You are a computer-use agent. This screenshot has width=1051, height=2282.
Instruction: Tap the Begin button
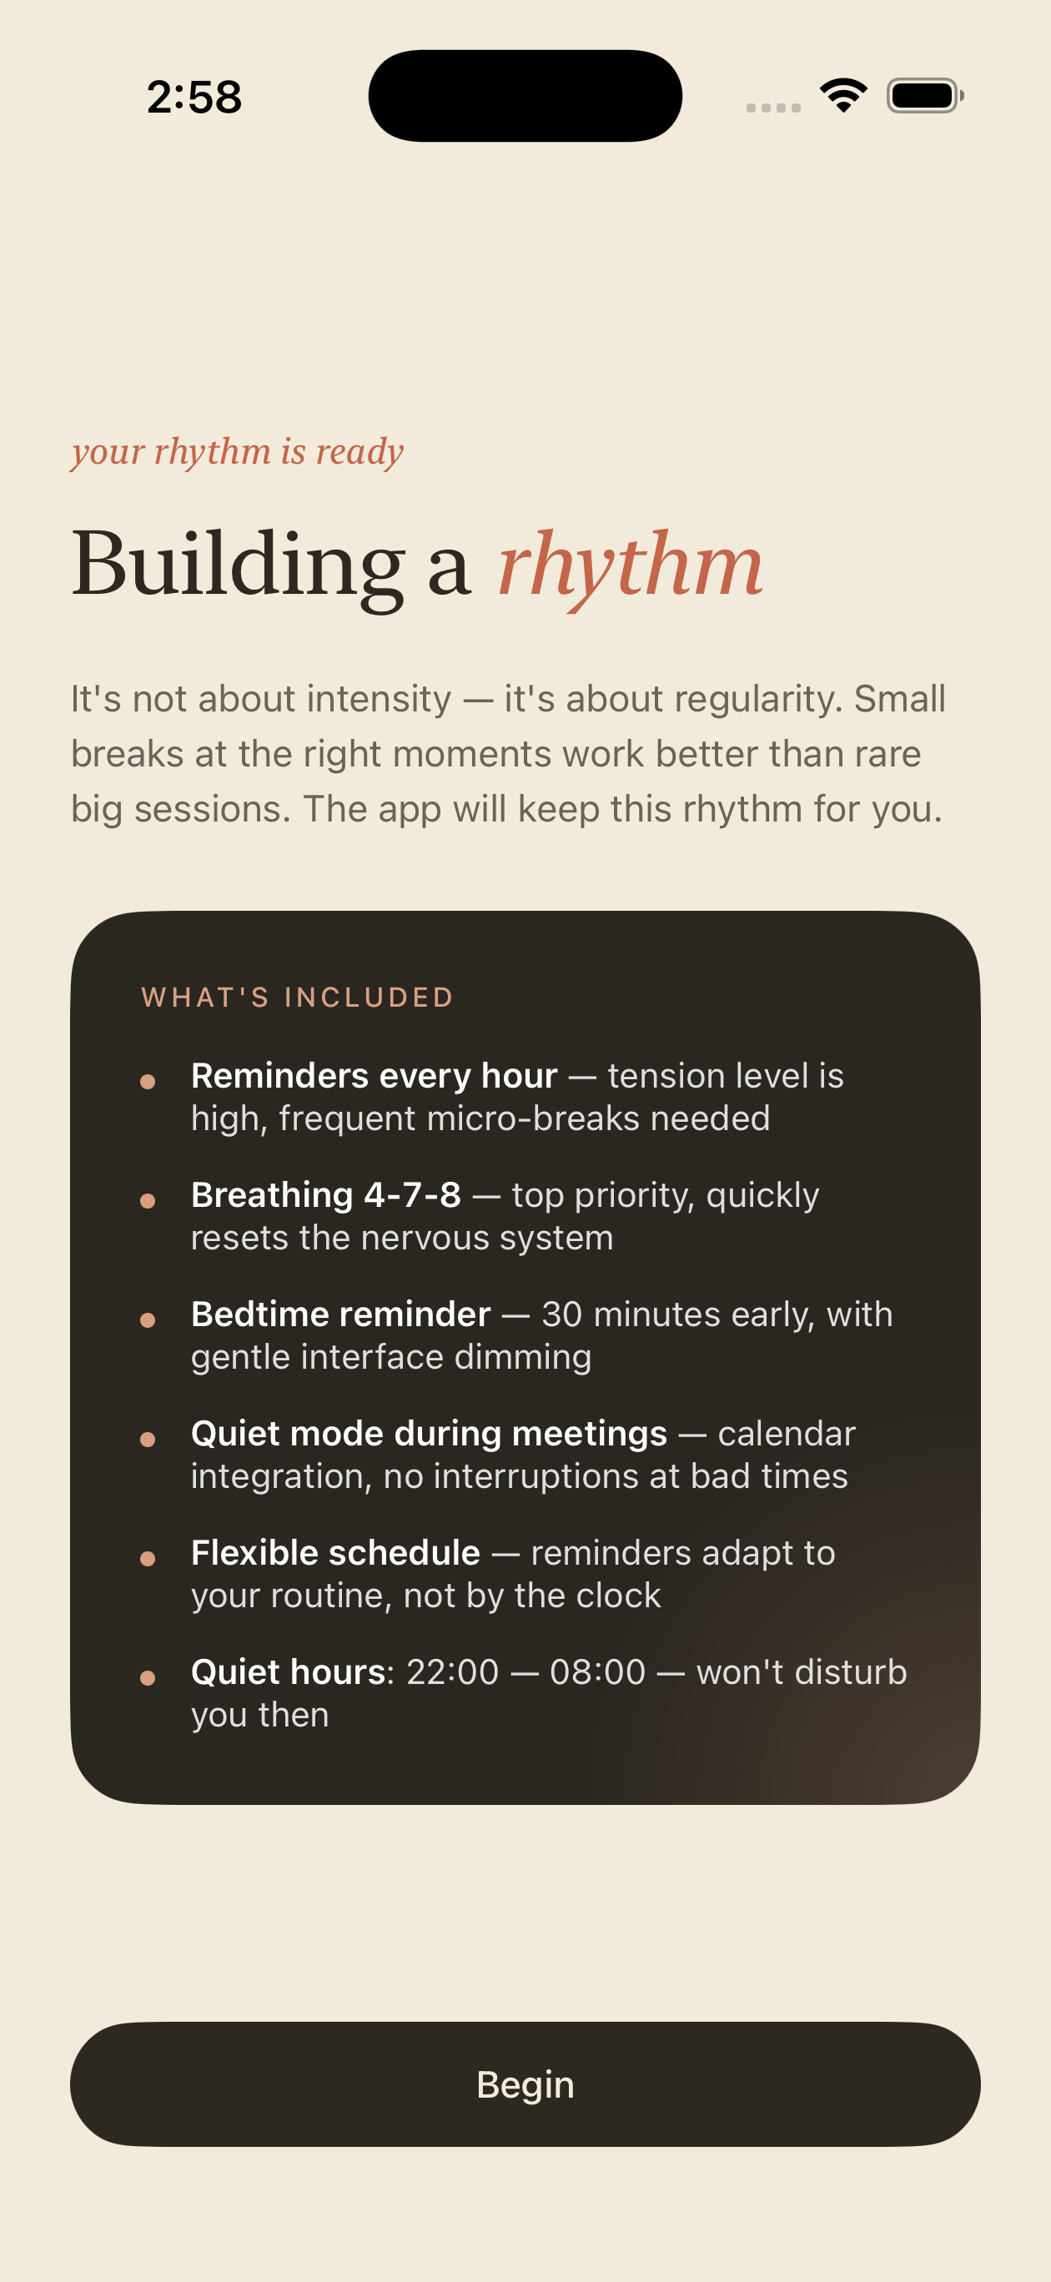tap(525, 2083)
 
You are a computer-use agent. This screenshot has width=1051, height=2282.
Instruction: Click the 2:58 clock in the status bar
tap(194, 97)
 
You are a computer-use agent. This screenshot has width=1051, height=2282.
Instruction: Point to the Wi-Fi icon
tap(843, 95)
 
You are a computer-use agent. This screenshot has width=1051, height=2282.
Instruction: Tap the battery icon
tap(925, 96)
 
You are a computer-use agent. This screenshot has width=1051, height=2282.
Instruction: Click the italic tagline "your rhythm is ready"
tap(238, 453)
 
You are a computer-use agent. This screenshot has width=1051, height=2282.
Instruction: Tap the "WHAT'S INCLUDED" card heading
tap(298, 998)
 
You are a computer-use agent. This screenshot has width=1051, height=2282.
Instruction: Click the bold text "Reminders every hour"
tap(374, 1075)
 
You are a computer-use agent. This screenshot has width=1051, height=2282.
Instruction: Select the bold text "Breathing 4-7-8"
tap(326, 1195)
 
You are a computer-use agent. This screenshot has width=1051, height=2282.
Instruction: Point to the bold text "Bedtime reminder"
tap(341, 1314)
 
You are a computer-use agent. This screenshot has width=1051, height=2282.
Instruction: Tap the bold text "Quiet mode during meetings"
tap(429, 1433)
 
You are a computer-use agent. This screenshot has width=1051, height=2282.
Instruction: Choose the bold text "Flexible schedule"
tap(336, 1552)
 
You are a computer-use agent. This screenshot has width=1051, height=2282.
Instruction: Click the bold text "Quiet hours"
tap(289, 1671)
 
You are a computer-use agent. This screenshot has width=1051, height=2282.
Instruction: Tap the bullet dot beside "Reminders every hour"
tap(148, 1082)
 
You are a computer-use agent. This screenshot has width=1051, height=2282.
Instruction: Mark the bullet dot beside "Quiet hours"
tap(148, 1678)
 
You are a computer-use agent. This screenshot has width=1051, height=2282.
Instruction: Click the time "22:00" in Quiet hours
tap(453, 1671)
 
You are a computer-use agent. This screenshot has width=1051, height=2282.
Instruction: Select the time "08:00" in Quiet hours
tap(597, 1671)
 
